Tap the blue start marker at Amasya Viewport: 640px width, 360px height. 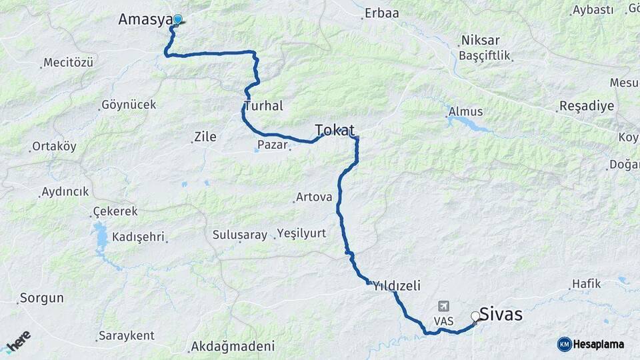(x=178, y=19)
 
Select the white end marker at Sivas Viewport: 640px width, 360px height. (x=475, y=317)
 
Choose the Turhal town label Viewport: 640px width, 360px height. (x=264, y=106)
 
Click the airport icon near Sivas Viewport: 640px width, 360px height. (x=443, y=306)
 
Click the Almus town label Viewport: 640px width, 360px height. (x=466, y=111)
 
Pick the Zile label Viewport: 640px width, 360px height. (x=205, y=137)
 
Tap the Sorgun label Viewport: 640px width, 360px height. (x=41, y=298)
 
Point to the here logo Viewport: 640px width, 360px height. (x=18, y=342)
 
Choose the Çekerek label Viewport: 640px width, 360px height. (x=115, y=211)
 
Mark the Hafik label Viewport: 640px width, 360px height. (x=587, y=284)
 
